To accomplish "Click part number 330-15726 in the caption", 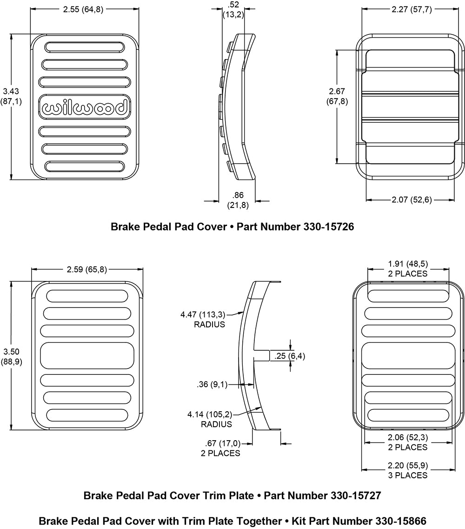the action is [329, 227].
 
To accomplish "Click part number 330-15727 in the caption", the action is [356, 495].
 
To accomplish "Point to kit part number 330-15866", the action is [401, 521].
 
